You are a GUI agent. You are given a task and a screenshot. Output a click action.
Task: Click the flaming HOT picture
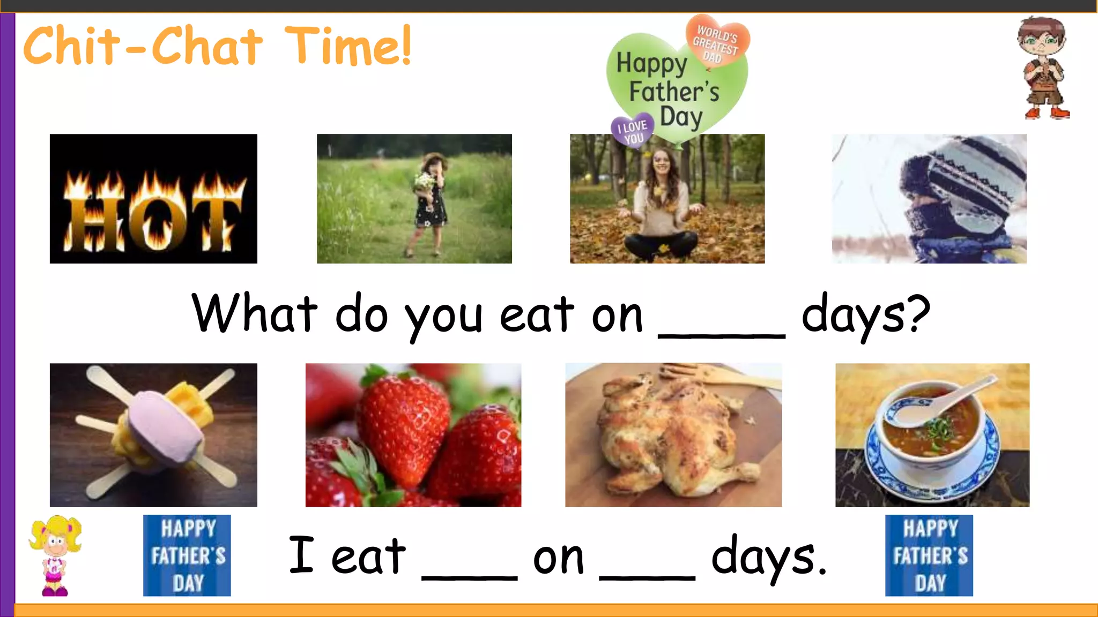click(153, 199)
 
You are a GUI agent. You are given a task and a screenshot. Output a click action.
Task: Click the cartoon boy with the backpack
click(1043, 67)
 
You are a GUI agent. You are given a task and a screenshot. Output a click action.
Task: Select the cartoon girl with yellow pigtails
click(55, 554)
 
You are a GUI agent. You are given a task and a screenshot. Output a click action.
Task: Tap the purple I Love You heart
click(633, 130)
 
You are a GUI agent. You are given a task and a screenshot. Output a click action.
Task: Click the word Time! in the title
click(347, 46)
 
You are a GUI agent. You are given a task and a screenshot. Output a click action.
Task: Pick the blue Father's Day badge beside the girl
click(187, 555)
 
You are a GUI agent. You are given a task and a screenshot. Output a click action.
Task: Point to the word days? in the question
click(865, 316)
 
